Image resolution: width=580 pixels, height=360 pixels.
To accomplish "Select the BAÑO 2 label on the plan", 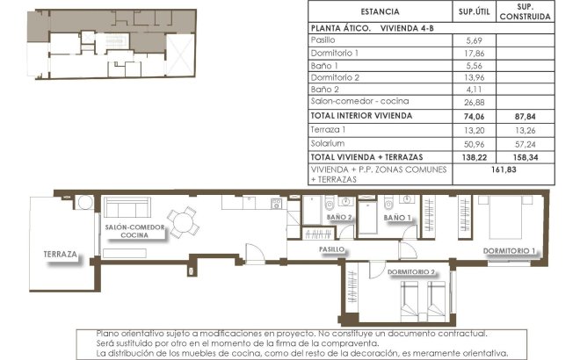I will point(338,217).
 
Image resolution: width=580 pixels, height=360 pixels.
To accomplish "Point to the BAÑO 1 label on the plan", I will point(397,217).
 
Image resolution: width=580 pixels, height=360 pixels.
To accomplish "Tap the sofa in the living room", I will point(126,209).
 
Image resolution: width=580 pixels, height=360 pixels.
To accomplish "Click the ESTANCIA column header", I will point(379,11).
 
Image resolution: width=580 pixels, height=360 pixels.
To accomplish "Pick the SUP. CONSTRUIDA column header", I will point(524,11).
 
